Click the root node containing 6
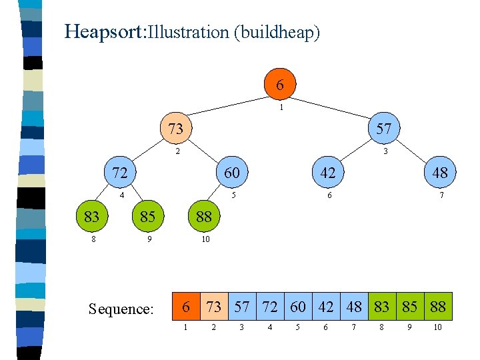pos(280,85)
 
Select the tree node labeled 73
pos(175,129)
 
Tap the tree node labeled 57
pos(383,129)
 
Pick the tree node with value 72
pos(120,173)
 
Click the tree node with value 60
pos(231,173)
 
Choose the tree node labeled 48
pos(439,173)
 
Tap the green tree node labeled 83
pos(92,216)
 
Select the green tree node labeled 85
pos(148,216)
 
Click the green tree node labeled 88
pos(203,216)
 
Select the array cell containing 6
pos(187,307)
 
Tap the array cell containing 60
pos(298,307)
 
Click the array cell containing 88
pos(438,307)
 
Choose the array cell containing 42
pos(326,307)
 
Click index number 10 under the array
pos(437,327)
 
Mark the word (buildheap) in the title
pos(277,32)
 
